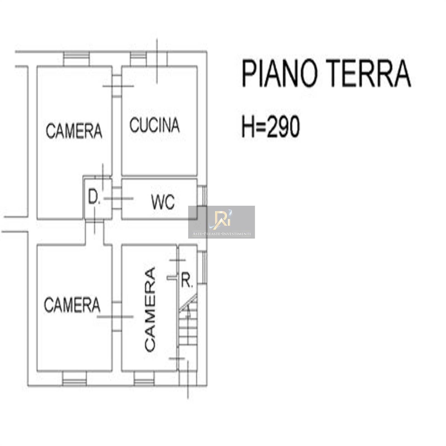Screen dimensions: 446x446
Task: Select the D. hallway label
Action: pyautogui.click(x=94, y=197)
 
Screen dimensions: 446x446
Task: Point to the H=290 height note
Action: pyautogui.click(x=271, y=127)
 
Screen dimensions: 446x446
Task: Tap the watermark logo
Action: pyautogui.click(x=222, y=222)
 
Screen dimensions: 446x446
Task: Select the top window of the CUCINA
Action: pyautogui.click(x=138, y=59)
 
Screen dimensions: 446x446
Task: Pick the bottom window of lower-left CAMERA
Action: pyautogui.click(x=74, y=379)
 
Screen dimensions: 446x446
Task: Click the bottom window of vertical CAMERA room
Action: pyautogui.click(x=144, y=379)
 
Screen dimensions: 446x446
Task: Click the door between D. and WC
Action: pyautogui.click(x=117, y=198)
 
